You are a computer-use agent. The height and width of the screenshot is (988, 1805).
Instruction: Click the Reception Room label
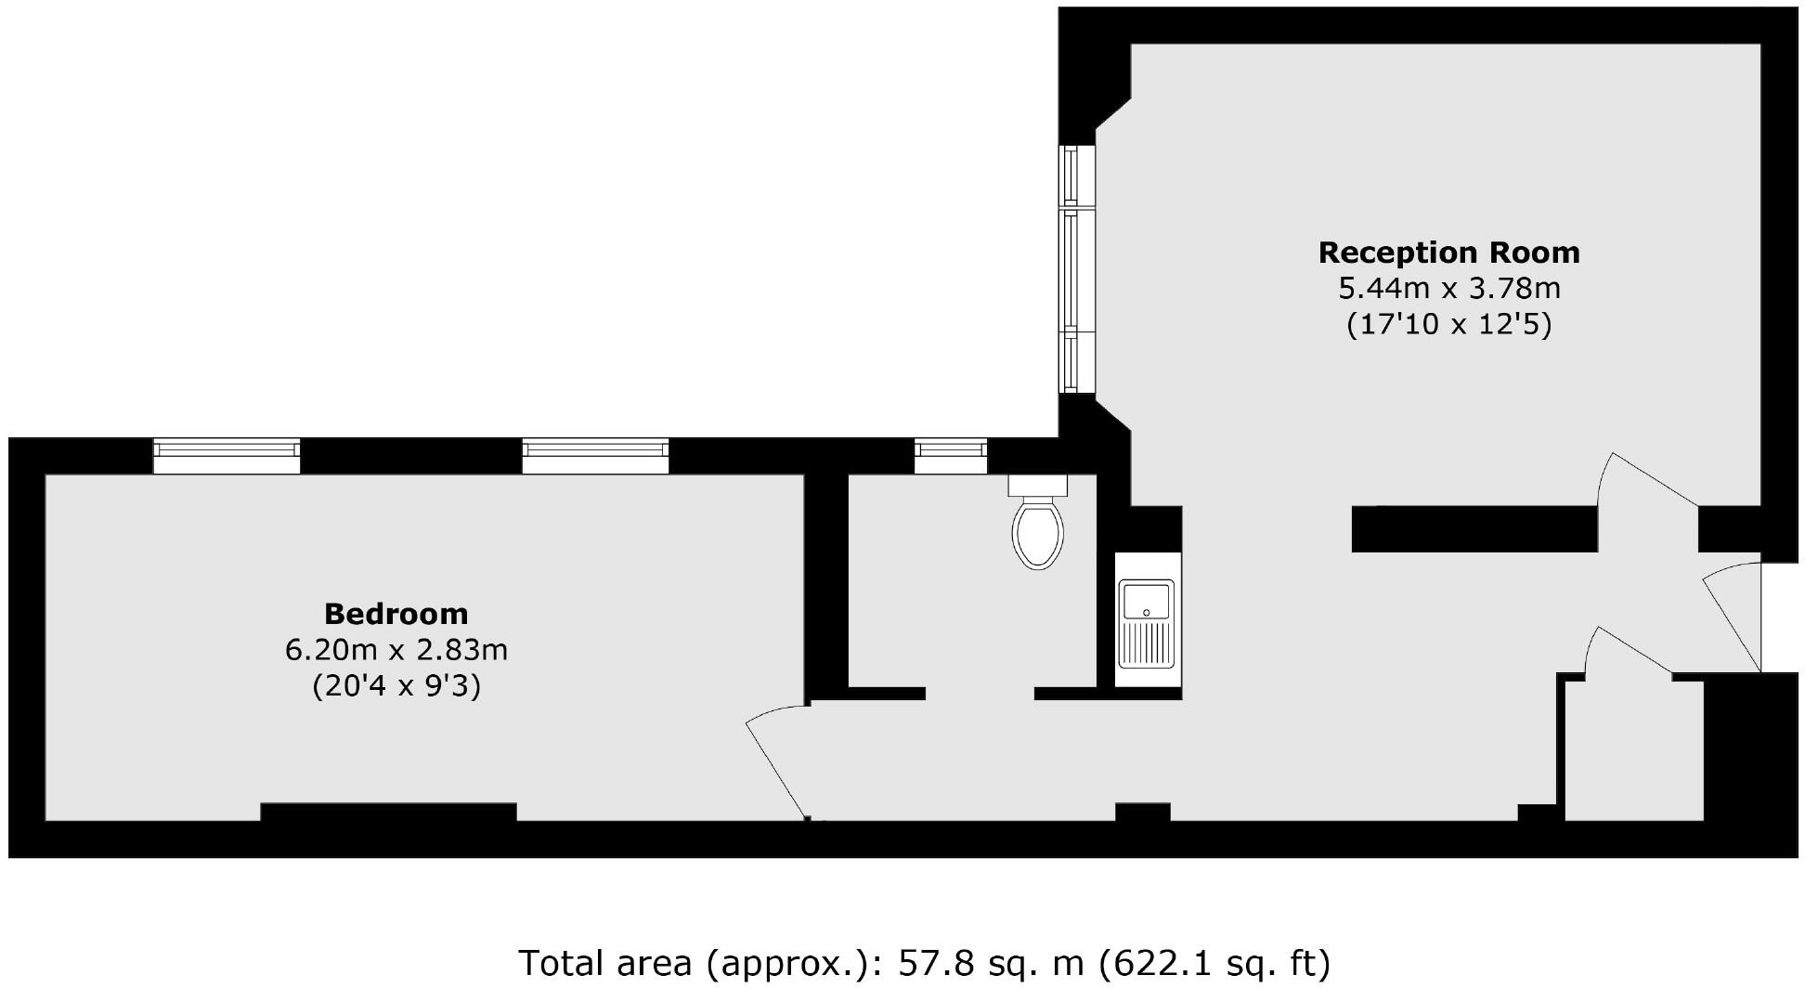pos(1448,253)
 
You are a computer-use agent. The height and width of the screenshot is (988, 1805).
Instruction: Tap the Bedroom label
pos(396,614)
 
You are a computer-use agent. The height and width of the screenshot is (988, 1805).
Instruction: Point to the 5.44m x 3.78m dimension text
pos(1448,289)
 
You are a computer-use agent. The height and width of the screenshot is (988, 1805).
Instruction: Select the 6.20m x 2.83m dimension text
pos(396,650)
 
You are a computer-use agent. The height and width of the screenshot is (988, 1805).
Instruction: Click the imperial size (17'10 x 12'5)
pos(1448,325)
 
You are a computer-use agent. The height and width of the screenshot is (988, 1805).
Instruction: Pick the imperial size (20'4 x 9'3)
pos(396,686)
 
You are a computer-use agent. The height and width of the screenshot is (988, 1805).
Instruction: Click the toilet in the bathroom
pos(1038,525)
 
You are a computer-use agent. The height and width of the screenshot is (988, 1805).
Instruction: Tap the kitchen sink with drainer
pos(1147,623)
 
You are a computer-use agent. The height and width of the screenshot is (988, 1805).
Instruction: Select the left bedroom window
pos(227,454)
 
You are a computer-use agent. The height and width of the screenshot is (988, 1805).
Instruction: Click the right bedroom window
pos(595,454)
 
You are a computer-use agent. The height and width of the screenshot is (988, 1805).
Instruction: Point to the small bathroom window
pos(950,454)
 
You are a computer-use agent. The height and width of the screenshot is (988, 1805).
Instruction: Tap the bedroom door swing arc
pos(776,761)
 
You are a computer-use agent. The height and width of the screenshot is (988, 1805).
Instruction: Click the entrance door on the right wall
pos(1733,617)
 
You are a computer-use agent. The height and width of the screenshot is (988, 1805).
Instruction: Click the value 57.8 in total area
pos(936,963)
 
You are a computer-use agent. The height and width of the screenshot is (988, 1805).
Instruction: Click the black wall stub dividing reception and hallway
pos(1474,529)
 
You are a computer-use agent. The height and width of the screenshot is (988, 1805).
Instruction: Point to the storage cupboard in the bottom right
pos(1634,752)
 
